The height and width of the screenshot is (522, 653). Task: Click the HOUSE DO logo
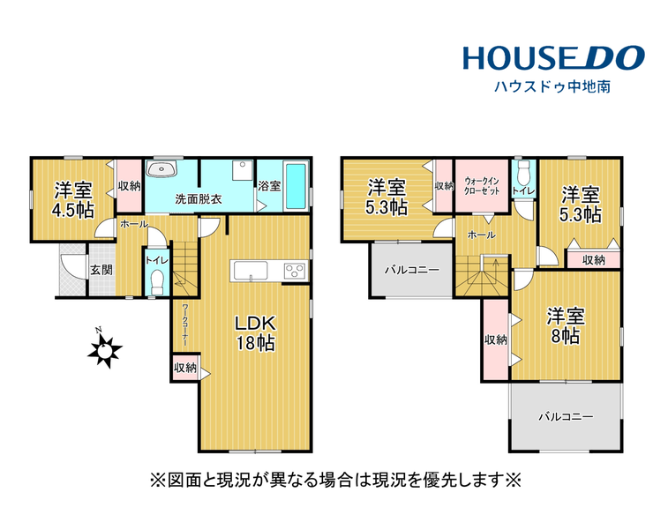(x=553, y=58)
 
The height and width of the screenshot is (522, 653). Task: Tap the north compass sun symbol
(x=104, y=350)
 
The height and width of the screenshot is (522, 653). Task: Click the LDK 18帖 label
(x=255, y=333)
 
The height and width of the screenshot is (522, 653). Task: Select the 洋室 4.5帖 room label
(x=73, y=200)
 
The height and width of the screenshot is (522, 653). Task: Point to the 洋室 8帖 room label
(x=566, y=325)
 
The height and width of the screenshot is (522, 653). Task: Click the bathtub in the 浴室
(x=296, y=186)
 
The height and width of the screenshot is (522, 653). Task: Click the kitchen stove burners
(x=296, y=271)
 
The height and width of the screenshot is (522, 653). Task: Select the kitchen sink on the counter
(x=251, y=271)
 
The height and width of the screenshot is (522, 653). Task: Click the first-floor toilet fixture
(x=157, y=282)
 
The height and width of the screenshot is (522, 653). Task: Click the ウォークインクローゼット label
(x=482, y=186)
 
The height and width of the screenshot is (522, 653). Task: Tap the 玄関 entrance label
(x=101, y=270)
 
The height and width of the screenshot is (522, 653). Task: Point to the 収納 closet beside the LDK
(x=185, y=368)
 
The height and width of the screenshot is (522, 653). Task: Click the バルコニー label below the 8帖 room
(x=566, y=417)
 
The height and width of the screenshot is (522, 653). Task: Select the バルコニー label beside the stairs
(x=411, y=270)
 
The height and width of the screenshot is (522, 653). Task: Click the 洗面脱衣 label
(x=199, y=199)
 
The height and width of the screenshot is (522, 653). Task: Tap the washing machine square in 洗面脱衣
(x=243, y=170)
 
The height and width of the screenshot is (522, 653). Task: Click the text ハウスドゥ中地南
(x=552, y=86)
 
